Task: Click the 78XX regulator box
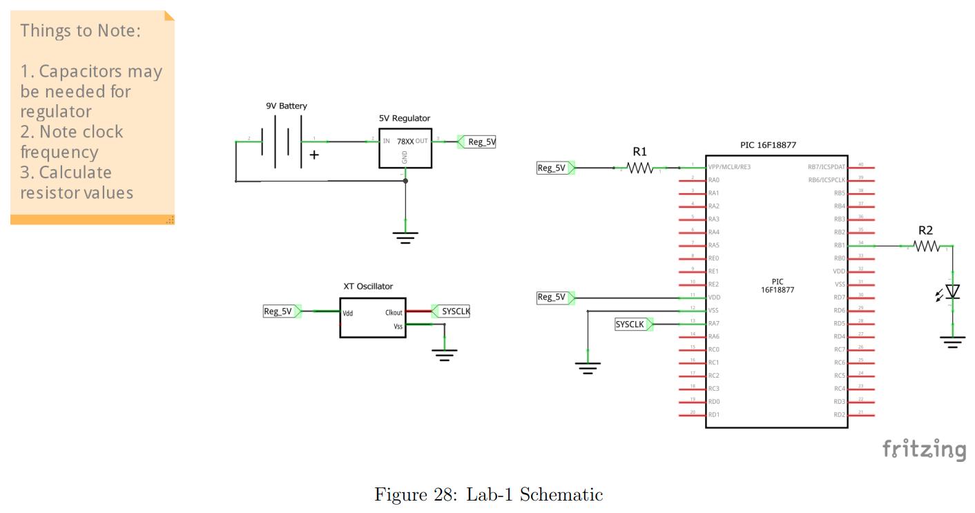[x=405, y=148]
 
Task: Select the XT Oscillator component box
[x=372, y=318]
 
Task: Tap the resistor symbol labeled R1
[x=639, y=168]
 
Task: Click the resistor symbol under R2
[x=925, y=246]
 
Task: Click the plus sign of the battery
[x=314, y=155]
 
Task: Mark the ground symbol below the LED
[x=952, y=341]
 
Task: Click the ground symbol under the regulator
[x=405, y=238]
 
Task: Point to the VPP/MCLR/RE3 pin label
[x=728, y=167]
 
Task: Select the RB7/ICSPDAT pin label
[x=826, y=167]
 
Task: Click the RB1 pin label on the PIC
[x=839, y=245]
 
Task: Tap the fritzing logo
[x=924, y=449]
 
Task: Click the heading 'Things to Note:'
[x=80, y=31]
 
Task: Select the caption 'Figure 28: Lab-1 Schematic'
[x=488, y=494]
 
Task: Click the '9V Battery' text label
[x=287, y=106]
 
